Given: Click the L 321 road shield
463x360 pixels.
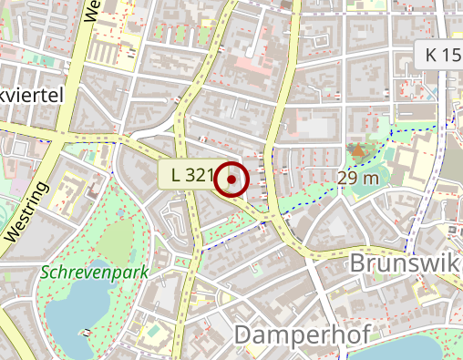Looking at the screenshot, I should pos(190,174).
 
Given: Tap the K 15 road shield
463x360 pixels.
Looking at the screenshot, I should pos(441,55).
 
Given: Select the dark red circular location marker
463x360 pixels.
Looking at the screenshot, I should pos(232,180).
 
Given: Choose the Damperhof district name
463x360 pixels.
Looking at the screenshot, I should pos(301,334).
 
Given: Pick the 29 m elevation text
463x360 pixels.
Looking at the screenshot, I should pos(357,178).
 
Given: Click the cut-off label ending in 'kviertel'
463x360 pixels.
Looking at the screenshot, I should pos(32,95).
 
